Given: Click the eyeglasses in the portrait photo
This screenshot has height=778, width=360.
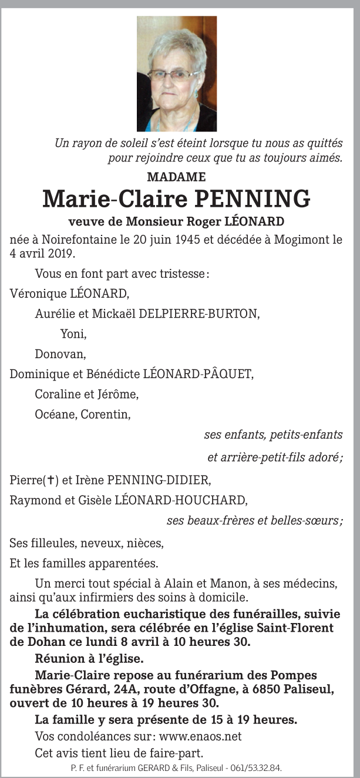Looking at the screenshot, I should point(174,74).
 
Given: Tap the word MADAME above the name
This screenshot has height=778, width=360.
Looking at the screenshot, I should point(176,177).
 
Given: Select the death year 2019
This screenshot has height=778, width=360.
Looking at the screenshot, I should point(61,254).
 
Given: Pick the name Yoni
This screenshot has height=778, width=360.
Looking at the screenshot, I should point(73,334).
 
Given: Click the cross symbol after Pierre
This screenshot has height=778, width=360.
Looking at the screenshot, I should point(52,480).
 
